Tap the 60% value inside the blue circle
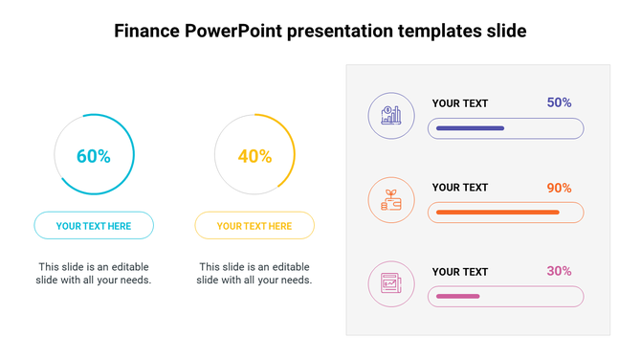[x=94, y=156]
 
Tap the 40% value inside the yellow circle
[x=254, y=156]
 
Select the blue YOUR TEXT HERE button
[x=94, y=226]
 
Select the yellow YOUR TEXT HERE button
[x=254, y=226]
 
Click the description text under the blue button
[x=94, y=273]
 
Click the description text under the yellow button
[x=254, y=273]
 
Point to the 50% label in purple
[x=559, y=102]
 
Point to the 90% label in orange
[x=559, y=188]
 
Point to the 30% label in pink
[x=559, y=271]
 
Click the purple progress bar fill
[x=470, y=127]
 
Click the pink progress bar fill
[x=457, y=297]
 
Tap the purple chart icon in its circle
[x=391, y=116]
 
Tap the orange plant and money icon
[x=391, y=200]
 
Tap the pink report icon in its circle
[x=391, y=284]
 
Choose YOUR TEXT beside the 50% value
[x=460, y=103]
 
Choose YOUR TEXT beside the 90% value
[x=460, y=188]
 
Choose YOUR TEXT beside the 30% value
[x=460, y=272]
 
